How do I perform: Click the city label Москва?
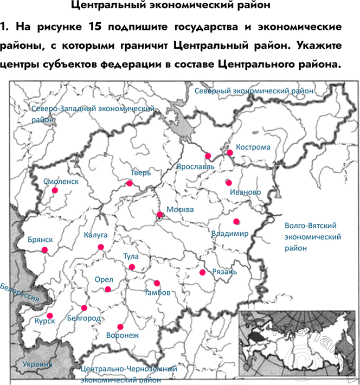click(180, 210)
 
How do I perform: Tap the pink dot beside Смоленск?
click(55, 190)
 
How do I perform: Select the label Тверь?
click(140, 173)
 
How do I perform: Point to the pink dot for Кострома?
click(230, 153)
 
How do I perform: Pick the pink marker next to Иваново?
click(228, 182)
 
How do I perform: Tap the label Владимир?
click(230, 234)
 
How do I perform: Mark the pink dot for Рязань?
click(202, 272)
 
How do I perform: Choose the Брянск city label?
click(40, 240)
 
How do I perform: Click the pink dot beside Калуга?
click(100, 247)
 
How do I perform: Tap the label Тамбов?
click(158, 293)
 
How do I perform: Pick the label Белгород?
click(84, 317)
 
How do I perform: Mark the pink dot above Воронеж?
click(120, 327)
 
